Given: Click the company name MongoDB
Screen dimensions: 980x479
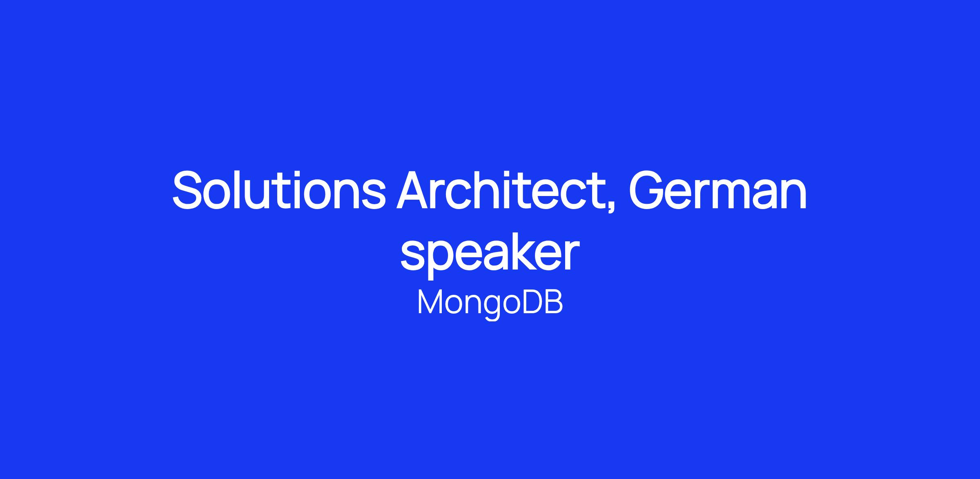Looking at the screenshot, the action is pyautogui.click(x=490, y=303).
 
